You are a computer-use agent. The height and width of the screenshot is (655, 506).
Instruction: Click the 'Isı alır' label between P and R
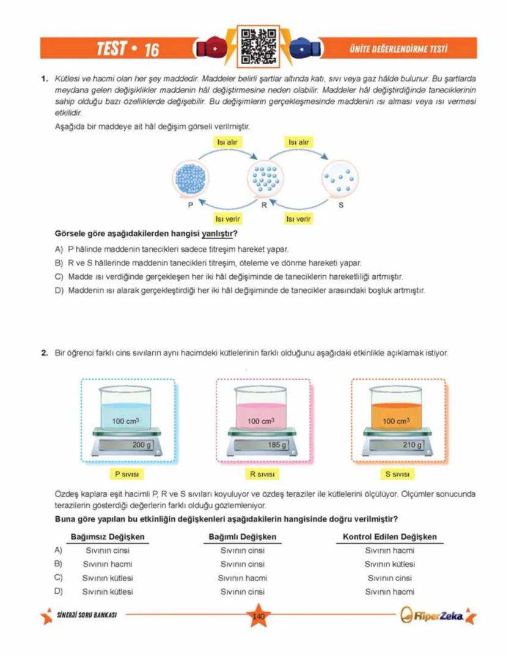pos(227,142)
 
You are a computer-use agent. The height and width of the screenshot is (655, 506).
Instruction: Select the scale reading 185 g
pos(277,445)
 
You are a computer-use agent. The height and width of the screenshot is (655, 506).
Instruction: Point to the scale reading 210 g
pos(411,445)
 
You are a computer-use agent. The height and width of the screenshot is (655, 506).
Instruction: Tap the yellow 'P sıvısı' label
pos(127,473)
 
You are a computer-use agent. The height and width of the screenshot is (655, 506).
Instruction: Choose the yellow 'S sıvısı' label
pos(397,473)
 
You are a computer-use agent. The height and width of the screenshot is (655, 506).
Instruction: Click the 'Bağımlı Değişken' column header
pos(243,537)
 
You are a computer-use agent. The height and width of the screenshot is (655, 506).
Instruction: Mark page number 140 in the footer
pos(258,616)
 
